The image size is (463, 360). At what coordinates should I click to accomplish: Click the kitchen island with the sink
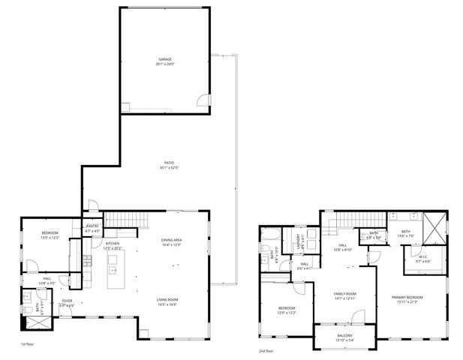[x=115, y=271]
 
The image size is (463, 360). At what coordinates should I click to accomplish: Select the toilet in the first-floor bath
[x=26, y=308]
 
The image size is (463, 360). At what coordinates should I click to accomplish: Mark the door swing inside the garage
[x=203, y=101]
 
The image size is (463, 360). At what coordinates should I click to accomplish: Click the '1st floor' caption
[x=28, y=344]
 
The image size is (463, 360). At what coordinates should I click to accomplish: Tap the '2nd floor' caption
[x=265, y=350]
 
